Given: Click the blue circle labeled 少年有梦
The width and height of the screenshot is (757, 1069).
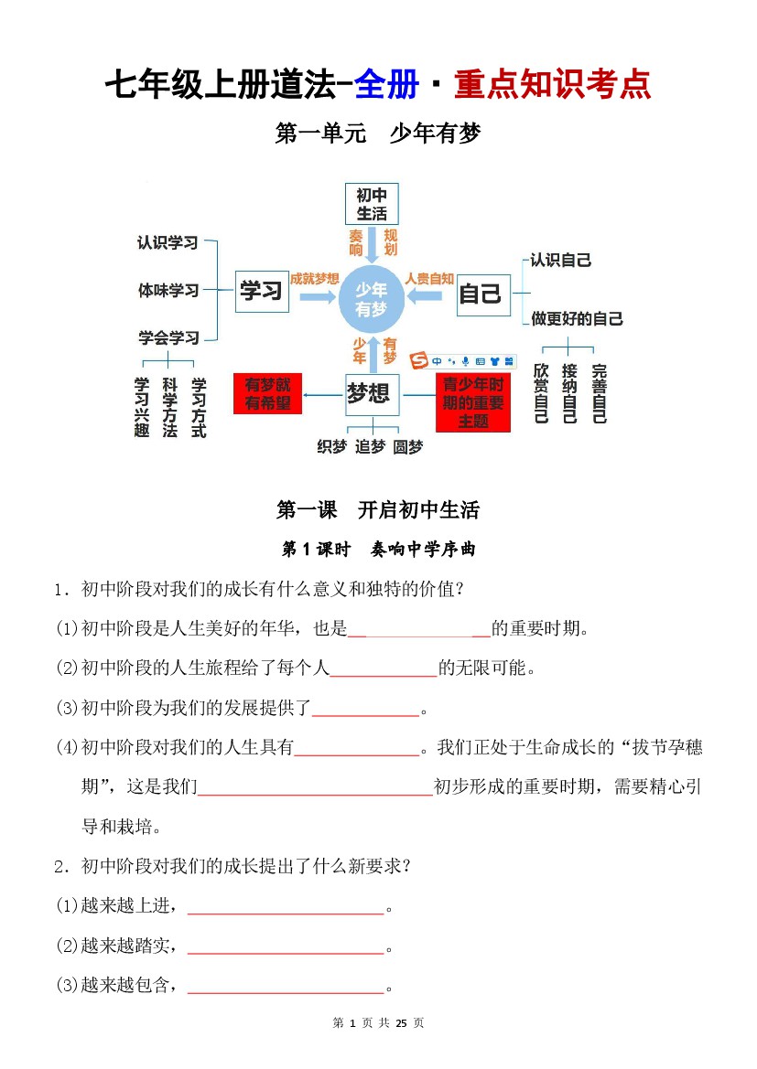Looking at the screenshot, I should (371, 299).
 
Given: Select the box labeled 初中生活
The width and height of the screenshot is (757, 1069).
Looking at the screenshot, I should (372, 204).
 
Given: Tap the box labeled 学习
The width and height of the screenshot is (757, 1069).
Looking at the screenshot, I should (261, 292).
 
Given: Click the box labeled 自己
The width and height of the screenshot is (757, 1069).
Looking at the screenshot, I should (481, 294).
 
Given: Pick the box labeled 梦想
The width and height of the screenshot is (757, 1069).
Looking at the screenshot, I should (371, 394).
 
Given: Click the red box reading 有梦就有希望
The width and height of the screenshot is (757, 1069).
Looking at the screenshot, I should (267, 393).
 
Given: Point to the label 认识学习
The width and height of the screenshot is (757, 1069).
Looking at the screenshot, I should (168, 243).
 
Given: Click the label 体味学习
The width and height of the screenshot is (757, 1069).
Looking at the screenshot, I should (168, 291).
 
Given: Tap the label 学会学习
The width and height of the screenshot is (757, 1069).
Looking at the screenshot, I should (168, 337).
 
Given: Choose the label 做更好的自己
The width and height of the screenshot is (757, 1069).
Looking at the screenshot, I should (577, 319).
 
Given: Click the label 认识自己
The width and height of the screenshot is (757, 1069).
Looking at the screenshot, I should (561, 261).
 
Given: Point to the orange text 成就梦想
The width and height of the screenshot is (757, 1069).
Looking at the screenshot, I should (314, 279).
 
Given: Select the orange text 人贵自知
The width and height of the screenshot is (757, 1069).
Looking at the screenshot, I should (429, 279).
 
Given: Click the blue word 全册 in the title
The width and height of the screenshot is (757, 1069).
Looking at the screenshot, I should (386, 84).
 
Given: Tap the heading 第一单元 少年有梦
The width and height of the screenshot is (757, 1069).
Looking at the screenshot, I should (377, 134).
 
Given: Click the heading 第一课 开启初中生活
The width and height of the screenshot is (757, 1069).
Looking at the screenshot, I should (377, 509).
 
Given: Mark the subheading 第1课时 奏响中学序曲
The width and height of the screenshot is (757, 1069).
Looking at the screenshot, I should (377, 550).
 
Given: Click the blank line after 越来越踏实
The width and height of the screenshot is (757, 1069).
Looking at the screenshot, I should (286, 947).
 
